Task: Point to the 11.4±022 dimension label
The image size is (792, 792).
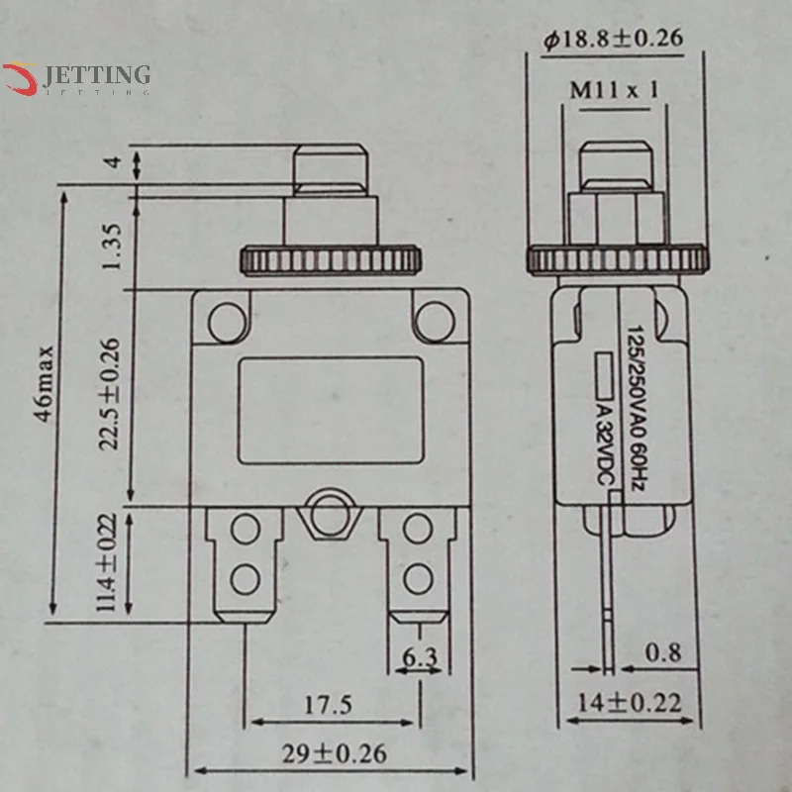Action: point(110,565)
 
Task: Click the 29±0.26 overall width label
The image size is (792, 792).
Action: point(333,753)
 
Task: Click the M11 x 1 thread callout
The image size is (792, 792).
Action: point(615,91)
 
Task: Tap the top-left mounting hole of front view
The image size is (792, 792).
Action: point(229,318)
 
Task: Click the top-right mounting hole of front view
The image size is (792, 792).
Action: point(434,318)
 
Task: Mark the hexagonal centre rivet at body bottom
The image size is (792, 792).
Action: point(326,513)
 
